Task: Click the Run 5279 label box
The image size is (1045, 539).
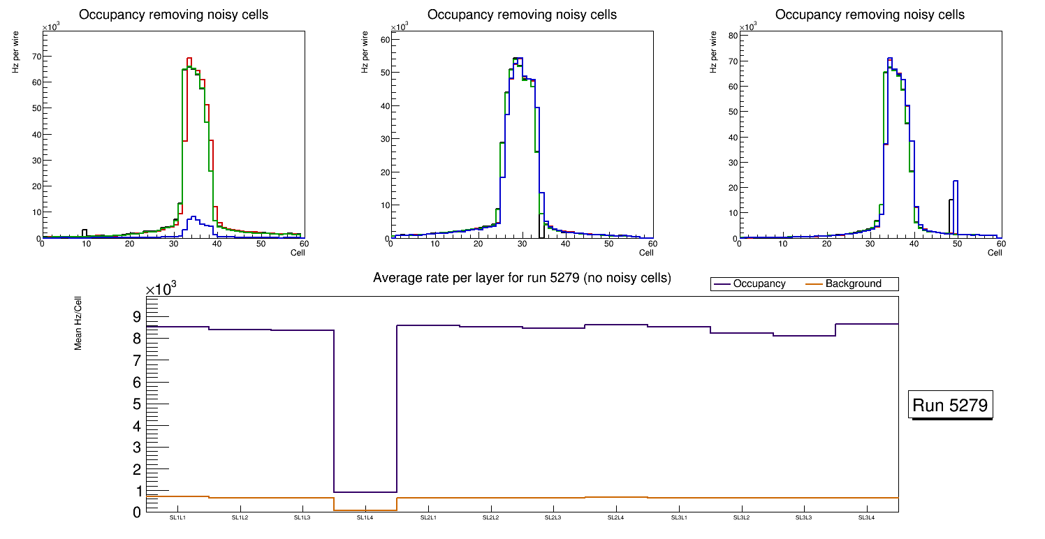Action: pyautogui.click(x=951, y=405)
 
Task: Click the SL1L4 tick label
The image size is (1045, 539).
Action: pyautogui.click(x=365, y=518)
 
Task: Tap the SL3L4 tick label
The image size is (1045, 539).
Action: pyautogui.click(x=866, y=518)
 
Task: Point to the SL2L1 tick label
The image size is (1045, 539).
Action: pyautogui.click(x=428, y=518)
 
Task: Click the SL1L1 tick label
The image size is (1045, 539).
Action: pyautogui.click(x=177, y=518)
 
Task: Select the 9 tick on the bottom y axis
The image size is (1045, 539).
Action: pyautogui.click(x=136, y=317)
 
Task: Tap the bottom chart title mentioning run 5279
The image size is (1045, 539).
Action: pyautogui.click(x=522, y=278)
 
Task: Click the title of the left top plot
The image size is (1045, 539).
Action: pyautogui.click(x=173, y=15)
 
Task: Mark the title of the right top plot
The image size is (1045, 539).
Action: pyautogui.click(x=870, y=15)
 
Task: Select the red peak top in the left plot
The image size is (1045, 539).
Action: pyautogui.click(x=189, y=59)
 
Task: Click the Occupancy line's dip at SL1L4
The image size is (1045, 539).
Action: pyautogui.click(x=365, y=492)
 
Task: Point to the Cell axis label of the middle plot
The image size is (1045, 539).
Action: pyautogui.click(x=645, y=253)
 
